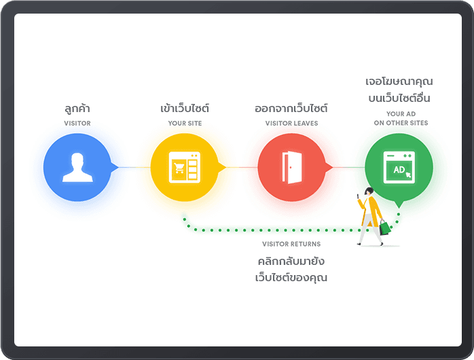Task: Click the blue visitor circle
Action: click(x=77, y=168)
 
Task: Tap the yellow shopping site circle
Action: click(x=185, y=168)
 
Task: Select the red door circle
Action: click(x=291, y=168)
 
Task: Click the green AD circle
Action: click(x=399, y=168)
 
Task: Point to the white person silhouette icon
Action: click(x=76, y=167)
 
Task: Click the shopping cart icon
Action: click(x=179, y=168)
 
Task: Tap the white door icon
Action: click(x=291, y=167)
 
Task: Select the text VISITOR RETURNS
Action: click(x=291, y=244)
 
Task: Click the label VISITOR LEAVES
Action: click(x=291, y=124)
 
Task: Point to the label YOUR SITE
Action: click(x=185, y=124)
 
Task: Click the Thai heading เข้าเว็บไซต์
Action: click(x=185, y=109)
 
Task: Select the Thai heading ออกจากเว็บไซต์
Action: click(x=291, y=109)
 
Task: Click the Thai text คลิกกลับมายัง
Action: click(x=291, y=261)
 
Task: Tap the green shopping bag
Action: click(x=385, y=228)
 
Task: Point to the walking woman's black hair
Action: click(x=369, y=191)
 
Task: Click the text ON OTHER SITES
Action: click(x=401, y=124)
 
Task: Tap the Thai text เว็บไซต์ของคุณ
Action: click(x=291, y=277)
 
